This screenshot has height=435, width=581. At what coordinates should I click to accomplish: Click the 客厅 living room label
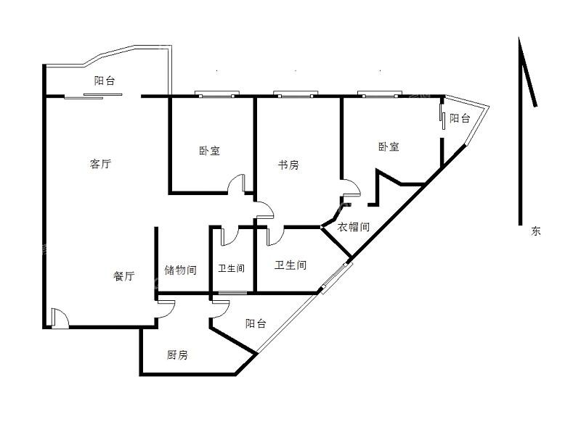click(100, 164)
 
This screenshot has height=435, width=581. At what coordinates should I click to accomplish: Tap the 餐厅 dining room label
click(123, 276)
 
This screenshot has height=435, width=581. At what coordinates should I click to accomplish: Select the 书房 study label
click(288, 165)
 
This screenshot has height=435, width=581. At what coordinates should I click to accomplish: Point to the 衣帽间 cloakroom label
click(354, 227)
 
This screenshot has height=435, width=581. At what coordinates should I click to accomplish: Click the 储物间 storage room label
click(180, 270)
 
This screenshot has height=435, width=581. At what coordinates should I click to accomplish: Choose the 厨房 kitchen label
click(177, 355)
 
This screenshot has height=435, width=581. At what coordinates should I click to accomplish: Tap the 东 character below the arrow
click(536, 231)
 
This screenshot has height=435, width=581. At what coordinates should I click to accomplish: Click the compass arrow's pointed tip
click(519, 38)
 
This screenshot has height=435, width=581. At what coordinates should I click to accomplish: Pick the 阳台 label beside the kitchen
click(256, 323)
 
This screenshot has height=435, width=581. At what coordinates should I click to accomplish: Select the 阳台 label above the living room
click(105, 80)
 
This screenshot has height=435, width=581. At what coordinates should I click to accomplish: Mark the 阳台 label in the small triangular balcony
click(460, 118)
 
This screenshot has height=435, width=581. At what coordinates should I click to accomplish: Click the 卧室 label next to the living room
click(209, 151)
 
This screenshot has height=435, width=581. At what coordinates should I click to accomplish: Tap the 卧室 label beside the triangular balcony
click(389, 146)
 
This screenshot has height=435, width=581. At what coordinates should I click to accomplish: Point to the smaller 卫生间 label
click(231, 268)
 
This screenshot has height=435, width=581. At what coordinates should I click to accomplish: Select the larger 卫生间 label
click(290, 265)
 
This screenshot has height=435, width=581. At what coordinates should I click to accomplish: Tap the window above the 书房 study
click(296, 94)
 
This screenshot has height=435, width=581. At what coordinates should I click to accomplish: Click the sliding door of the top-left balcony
click(94, 96)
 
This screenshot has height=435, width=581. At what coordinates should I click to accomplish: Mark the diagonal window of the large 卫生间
click(336, 278)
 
